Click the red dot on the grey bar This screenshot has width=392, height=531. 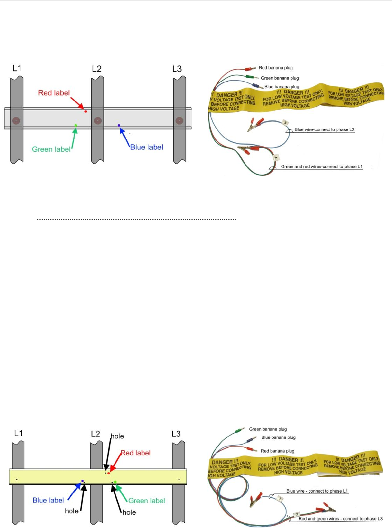(86, 111)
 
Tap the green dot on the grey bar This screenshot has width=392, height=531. (76, 125)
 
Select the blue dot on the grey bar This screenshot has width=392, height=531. (119, 125)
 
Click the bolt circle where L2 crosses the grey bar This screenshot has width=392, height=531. (98, 120)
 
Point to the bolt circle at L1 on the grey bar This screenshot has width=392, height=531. (16, 120)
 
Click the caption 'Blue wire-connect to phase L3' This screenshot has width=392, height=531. (324, 129)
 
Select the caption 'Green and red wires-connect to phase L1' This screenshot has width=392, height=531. (321, 167)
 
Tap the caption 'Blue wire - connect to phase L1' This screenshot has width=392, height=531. (317, 491)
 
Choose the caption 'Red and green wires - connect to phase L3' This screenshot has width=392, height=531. (340, 519)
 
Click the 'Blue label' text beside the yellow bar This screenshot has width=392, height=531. (48, 500)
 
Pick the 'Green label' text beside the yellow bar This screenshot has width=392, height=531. (147, 501)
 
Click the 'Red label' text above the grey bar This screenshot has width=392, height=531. (54, 93)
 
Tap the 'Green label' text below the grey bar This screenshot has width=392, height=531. (51, 149)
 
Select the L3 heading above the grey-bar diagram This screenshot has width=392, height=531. (177, 69)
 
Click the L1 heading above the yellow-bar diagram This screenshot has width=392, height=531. (18, 433)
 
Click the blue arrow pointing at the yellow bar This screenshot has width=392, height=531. (74, 490)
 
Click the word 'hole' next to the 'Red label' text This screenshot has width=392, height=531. (117, 436)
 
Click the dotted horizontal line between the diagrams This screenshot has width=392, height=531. (136, 219)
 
